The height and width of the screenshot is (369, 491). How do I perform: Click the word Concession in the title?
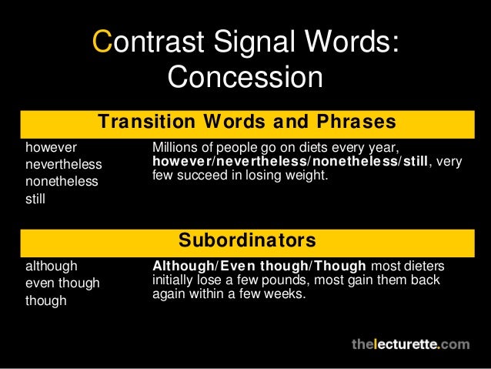tap(245, 77)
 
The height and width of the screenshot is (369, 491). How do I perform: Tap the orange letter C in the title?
tap(101, 42)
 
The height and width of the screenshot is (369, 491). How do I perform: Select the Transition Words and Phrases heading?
tap(246, 122)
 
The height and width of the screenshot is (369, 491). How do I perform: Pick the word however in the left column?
tap(51, 147)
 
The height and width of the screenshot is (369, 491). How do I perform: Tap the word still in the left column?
tap(35, 200)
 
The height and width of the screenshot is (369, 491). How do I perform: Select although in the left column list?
tap(52, 267)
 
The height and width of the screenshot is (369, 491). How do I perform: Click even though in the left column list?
tap(63, 283)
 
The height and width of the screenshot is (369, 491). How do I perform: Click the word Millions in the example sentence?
tap(174, 147)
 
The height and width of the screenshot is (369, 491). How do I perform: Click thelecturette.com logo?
tap(409, 344)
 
